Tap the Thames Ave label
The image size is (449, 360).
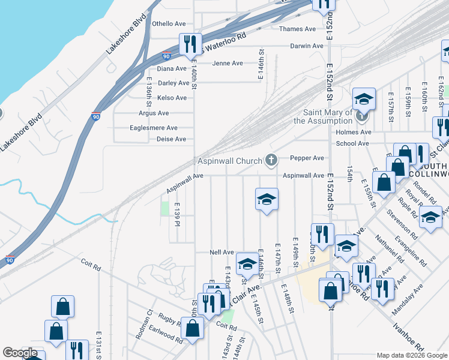(297, 29)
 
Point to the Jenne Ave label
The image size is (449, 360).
(228, 64)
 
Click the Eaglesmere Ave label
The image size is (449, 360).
(154, 128)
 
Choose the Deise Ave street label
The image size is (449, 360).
(171, 139)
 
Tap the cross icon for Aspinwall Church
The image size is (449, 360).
(271, 160)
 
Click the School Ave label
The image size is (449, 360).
(352, 144)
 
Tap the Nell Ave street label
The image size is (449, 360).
(221, 252)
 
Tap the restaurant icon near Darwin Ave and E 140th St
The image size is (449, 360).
(188, 44)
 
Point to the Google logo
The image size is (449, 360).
(20, 353)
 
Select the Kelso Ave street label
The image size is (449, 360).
(172, 98)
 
